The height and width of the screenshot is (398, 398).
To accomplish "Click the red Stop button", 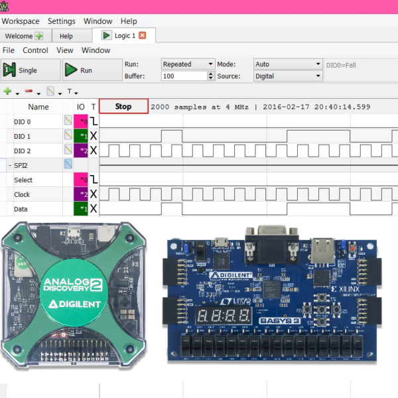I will click(x=123, y=106).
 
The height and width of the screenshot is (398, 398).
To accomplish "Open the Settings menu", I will click(x=62, y=21).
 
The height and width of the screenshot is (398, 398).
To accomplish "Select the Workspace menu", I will click(x=20, y=21).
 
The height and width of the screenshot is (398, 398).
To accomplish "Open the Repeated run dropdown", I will click(x=187, y=64).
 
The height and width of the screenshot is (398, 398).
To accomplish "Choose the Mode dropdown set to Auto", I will click(x=287, y=64).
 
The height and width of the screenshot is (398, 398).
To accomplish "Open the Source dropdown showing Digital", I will click(x=287, y=76).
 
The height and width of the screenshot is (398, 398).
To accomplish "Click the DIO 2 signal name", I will click(x=23, y=151).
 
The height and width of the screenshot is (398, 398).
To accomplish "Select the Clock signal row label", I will click(x=23, y=195).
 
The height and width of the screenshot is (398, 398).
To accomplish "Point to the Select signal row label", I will click(x=23, y=180).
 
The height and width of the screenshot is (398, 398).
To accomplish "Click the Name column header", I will click(x=38, y=107).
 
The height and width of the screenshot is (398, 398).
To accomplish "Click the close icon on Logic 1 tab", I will click(x=142, y=36).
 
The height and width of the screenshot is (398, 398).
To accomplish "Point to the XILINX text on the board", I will click(x=344, y=290).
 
